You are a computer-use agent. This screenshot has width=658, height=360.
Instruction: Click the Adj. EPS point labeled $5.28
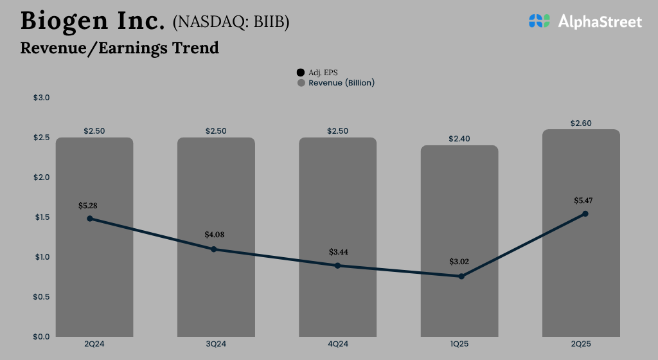(x=90, y=219)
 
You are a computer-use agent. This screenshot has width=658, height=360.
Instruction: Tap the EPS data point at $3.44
(x=337, y=265)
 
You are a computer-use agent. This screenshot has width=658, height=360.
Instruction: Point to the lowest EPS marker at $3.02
(x=461, y=276)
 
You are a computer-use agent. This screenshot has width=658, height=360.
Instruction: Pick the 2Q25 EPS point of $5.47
(x=585, y=213)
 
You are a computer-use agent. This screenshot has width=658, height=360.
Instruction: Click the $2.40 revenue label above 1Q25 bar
(x=459, y=139)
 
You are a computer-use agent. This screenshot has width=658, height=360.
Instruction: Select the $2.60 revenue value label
(x=581, y=123)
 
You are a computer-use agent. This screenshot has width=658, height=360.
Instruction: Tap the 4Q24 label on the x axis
(x=337, y=344)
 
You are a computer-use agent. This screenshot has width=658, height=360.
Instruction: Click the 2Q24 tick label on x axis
(x=94, y=344)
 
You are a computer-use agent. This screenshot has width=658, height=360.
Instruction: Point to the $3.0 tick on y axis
(x=41, y=98)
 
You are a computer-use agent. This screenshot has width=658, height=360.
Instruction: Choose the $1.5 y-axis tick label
(x=41, y=217)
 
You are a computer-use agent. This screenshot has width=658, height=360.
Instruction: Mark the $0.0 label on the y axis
(x=41, y=336)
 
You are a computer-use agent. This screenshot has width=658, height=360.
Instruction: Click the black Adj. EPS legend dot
(x=301, y=73)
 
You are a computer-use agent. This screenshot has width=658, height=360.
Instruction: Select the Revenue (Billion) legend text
(x=341, y=83)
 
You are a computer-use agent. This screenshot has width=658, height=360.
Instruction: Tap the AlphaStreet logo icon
(x=540, y=21)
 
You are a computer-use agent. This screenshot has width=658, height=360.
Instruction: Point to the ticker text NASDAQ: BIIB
(x=231, y=22)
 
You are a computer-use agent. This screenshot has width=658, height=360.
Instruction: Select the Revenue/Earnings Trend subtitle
(x=120, y=48)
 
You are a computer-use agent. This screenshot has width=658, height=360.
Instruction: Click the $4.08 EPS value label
(x=214, y=235)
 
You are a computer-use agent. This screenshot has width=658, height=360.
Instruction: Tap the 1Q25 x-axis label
(x=459, y=344)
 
